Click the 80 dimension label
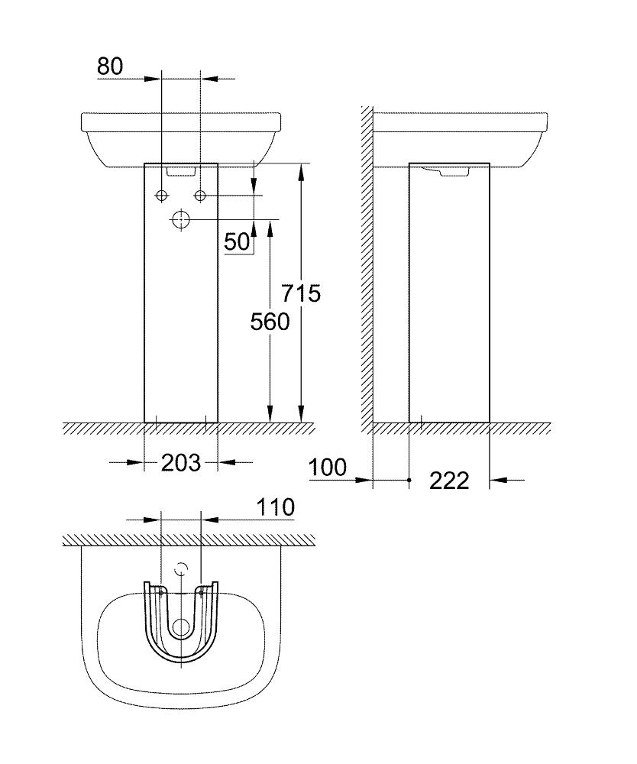[x=110, y=66]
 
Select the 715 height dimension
[x=300, y=293]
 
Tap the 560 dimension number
[x=270, y=322]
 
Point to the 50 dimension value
[x=238, y=241]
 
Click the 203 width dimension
[x=180, y=462]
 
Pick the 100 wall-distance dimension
[x=328, y=467]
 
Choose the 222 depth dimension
[x=449, y=480]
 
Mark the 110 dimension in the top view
[x=276, y=507]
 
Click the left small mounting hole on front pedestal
[x=162, y=196]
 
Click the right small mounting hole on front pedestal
[x=200, y=196]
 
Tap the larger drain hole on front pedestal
[x=181, y=220]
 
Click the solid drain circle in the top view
[x=181, y=628]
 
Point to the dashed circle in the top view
[x=181, y=569]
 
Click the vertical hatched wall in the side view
[x=367, y=267]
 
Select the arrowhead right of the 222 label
[x=498, y=479]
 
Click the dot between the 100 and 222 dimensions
[x=410, y=479]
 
